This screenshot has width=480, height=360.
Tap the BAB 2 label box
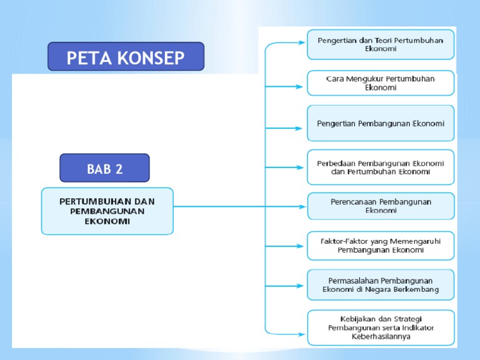coord(104,168)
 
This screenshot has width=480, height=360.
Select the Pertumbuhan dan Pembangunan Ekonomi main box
coord(107,211)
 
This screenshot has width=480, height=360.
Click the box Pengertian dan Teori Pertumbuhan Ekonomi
coord(381,44)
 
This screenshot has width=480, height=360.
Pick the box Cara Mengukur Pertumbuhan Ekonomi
coord(381,83)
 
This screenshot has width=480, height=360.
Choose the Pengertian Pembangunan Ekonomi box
coord(381,124)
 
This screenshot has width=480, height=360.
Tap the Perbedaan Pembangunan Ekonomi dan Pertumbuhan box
coord(381,167)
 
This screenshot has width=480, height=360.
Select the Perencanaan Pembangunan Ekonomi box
coord(381,206)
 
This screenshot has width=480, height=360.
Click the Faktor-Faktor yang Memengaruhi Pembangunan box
coord(381,245)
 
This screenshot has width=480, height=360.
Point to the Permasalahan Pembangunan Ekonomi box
coord(381,285)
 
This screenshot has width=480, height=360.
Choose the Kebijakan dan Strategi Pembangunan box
coord(381,327)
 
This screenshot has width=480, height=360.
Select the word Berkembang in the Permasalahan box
coord(416,289)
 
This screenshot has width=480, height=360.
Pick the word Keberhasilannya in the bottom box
coord(381,336)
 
